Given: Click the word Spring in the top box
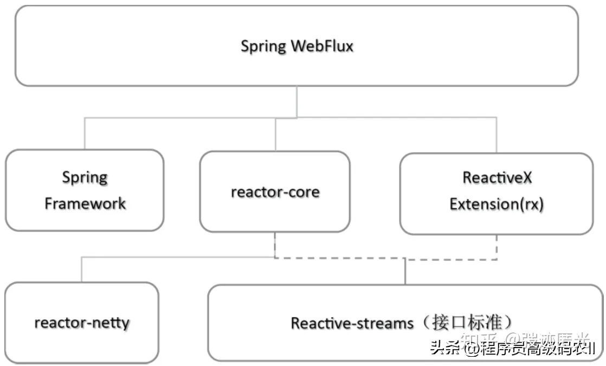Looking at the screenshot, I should click(x=263, y=46).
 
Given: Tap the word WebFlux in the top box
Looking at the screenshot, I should click(x=322, y=46).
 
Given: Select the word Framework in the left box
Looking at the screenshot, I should click(x=85, y=204).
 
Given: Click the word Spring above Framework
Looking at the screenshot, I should click(x=85, y=177).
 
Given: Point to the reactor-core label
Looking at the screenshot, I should click(x=275, y=192).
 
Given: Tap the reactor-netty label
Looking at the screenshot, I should click(x=82, y=323).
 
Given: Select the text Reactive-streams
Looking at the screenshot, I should click(x=352, y=323).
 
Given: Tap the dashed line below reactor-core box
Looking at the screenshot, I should click(x=275, y=245).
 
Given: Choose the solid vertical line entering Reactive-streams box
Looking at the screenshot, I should click(x=405, y=272).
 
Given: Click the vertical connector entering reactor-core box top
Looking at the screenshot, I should click(x=275, y=134).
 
